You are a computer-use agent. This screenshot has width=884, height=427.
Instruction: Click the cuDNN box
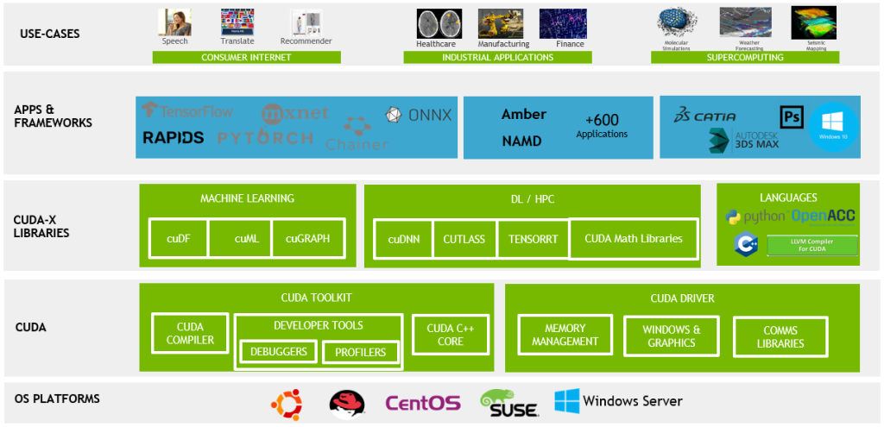[404, 239]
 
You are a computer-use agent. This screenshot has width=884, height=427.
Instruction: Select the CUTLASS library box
[464, 239]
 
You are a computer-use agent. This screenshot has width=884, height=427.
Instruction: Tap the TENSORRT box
[533, 239]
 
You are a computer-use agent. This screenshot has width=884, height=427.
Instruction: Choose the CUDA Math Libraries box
[633, 239]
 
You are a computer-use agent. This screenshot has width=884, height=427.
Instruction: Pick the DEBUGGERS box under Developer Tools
[279, 352]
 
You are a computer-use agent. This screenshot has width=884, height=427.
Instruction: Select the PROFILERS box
[360, 352]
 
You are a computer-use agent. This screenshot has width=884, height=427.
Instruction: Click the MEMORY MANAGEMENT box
[565, 335]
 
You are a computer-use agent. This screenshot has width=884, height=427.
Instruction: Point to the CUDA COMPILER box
[190, 334]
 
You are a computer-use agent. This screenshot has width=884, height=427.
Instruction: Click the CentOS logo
[422, 403]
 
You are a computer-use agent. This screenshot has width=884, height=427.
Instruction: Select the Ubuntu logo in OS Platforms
[287, 403]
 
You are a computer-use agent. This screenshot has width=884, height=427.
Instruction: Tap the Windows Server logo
[618, 401]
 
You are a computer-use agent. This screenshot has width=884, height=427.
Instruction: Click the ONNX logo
[419, 115]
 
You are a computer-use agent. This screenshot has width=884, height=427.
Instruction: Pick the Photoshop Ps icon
[791, 117]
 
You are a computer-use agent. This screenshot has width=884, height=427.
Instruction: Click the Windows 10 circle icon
[833, 127]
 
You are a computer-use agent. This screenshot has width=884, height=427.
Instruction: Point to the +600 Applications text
[602, 126]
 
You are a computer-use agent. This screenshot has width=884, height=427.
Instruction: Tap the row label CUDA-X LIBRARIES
[41, 226]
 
